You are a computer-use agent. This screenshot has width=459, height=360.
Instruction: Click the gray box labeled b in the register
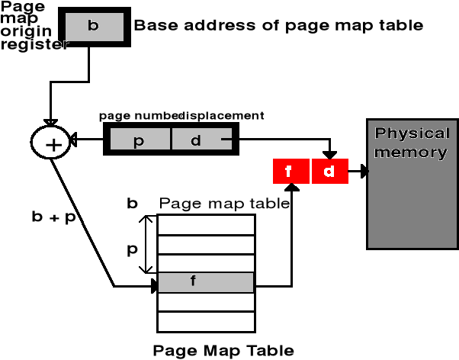pyautogui.click(x=93, y=26)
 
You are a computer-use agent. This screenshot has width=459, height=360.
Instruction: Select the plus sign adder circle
pyautogui.click(x=50, y=142)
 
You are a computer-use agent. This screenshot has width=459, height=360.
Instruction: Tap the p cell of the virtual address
pyautogui.click(x=139, y=141)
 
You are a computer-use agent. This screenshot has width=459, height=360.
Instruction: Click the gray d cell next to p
pyautogui.click(x=194, y=141)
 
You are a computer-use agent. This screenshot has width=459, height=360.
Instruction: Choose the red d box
pyautogui.click(x=329, y=172)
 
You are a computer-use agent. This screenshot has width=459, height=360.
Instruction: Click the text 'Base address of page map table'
pyautogui.click(x=278, y=25)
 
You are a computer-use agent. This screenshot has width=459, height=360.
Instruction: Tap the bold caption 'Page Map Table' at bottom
pyautogui.click(x=223, y=351)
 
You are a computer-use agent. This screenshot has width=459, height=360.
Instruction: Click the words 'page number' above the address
pyautogui.click(x=140, y=115)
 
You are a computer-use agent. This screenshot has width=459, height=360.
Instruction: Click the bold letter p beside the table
pyautogui.click(x=133, y=249)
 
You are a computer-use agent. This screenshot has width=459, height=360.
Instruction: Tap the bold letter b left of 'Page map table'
pyautogui.click(x=133, y=204)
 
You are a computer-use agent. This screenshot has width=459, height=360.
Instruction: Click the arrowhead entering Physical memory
pyautogui.click(x=364, y=172)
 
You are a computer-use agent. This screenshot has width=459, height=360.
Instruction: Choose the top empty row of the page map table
pyautogui.click(x=205, y=224)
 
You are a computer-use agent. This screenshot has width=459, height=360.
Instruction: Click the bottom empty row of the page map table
pyautogui.click(x=205, y=321)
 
